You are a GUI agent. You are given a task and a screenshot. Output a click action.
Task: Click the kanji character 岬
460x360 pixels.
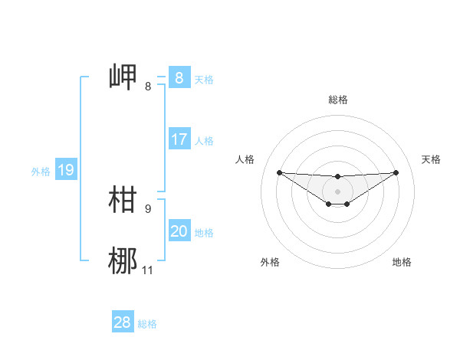123,77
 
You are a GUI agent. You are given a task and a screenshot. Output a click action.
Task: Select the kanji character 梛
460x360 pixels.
123,260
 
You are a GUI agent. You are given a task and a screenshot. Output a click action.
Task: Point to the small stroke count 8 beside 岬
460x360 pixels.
148,87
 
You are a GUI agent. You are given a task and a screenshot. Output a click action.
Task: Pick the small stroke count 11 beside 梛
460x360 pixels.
148,270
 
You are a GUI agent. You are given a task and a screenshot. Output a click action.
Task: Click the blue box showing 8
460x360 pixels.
179,77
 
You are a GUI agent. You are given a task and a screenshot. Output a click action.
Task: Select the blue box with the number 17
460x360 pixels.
179,139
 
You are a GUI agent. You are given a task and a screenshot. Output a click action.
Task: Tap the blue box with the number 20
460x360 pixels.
179,231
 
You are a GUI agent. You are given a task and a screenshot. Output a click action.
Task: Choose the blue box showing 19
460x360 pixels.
65,170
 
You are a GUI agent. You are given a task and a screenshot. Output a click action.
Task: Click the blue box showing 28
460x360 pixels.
122,322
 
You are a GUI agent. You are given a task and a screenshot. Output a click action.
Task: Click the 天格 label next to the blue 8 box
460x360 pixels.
204,79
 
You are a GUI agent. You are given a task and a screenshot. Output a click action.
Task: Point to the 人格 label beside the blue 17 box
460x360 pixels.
204,141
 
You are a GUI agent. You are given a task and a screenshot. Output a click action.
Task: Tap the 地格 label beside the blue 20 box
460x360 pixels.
204,233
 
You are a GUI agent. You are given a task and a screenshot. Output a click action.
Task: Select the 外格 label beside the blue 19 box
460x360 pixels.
41,172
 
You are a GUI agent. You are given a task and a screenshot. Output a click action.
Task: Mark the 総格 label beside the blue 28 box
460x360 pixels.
147,324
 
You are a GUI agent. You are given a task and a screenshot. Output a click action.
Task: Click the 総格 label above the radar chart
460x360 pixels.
337,100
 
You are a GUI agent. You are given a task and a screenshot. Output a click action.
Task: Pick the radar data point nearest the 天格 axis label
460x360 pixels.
396,172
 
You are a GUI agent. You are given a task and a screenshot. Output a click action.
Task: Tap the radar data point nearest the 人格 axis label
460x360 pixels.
279,172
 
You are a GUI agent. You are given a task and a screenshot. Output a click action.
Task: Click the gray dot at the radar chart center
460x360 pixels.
337,191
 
